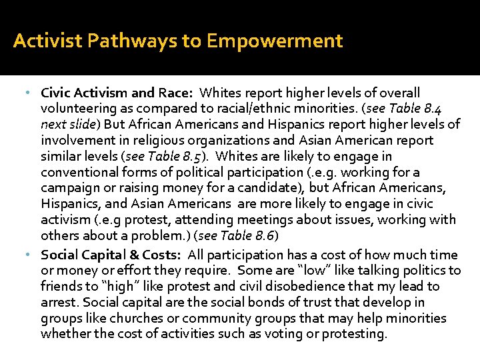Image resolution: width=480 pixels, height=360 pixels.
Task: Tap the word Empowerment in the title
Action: tap(275, 41)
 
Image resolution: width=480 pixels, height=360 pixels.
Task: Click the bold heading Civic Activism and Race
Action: tap(117, 92)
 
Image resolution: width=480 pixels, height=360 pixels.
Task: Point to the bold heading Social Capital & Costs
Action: tap(111, 254)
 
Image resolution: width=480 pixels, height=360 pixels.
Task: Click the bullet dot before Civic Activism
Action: tap(35, 93)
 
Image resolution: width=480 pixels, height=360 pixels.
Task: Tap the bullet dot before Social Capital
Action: tap(35, 255)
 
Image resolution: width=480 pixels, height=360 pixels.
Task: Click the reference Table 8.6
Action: tap(245, 235)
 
